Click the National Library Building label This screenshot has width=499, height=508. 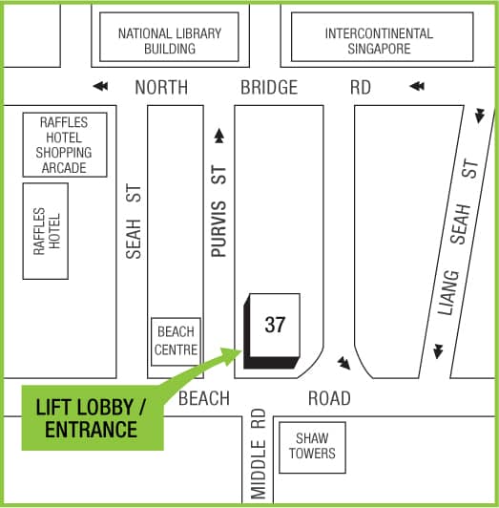[170, 41]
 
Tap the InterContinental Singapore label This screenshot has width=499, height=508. [379, 41]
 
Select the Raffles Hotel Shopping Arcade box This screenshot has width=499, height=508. [65, 145]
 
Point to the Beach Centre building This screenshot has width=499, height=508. [176, 342]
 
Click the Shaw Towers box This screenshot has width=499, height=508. [312, 448]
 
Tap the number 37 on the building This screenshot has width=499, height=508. [275, 325]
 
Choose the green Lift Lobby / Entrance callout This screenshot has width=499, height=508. [93, 418]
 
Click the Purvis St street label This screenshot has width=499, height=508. [218, 211]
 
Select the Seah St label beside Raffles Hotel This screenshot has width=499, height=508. [134, 222]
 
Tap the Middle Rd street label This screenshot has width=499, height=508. [258, 454]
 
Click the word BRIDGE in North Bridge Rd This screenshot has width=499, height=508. [269, 87]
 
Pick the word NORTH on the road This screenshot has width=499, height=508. [161, 87]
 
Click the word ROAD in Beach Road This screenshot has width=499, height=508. [329, 398]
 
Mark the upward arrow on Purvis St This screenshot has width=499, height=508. [219, 136]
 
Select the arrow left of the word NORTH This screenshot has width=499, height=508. [100, 86]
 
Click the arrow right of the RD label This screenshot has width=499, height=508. [417, 86]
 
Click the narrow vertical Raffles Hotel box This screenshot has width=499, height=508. [46, 231]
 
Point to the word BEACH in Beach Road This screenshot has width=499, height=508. [204, 398]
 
